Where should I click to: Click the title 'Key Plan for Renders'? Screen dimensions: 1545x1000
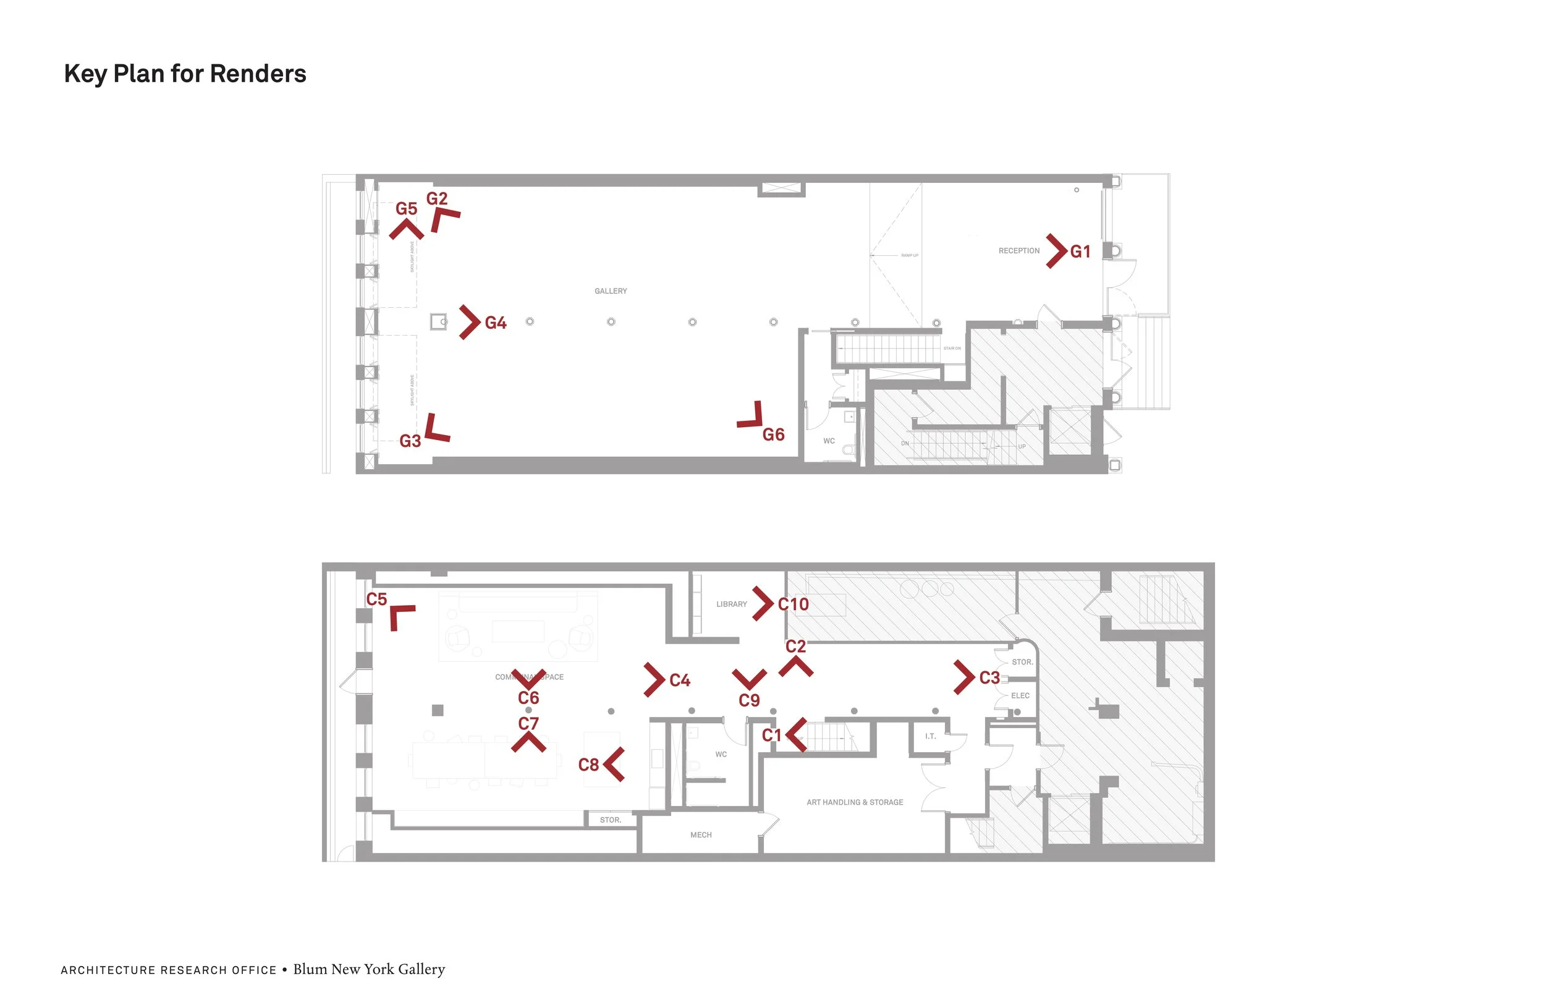tap(185, 74)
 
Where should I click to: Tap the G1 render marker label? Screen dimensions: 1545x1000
tap(1080, 252)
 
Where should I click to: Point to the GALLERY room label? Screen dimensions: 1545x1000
tap(611, 291)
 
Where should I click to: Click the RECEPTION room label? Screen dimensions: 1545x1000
tap(1018, 251)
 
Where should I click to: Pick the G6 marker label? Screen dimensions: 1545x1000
tap(773, 435)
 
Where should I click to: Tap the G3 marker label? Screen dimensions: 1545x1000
tap(410, 441)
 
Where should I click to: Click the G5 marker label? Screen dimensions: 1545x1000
tap(407, 209)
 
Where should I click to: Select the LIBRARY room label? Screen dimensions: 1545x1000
tap(732, 604)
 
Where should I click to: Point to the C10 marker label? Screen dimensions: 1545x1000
tap(794, 604)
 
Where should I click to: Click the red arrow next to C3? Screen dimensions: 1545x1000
tap(964, 677)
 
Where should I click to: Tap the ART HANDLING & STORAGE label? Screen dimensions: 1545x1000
tap(854, 803)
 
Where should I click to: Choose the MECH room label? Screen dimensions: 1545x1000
tap(701, 835)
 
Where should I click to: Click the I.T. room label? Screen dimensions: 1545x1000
tap(930, 736)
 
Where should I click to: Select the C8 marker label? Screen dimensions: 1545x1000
tap(588, 765)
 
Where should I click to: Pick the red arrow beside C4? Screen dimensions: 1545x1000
tap(654, 680)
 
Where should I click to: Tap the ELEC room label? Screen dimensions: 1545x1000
tap(1020, 695)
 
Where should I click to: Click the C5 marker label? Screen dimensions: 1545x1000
tap(376, 600)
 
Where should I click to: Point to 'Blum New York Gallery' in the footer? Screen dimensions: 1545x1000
tap(369, 970)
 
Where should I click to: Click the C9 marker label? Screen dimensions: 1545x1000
tap(749, 701)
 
